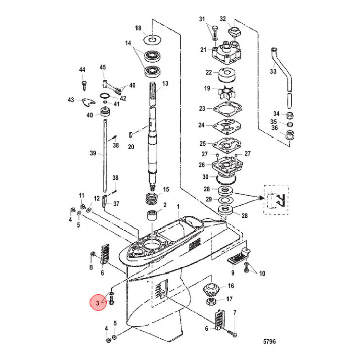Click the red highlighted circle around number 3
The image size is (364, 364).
[97, 303]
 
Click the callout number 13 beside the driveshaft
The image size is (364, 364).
[164, 83]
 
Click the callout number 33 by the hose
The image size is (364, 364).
[273, 72]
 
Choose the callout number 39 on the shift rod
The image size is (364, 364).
[93, 153]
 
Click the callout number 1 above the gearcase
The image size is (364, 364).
[178, 207]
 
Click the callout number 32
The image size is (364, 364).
[223, 19]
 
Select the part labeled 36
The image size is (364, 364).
[290, 134]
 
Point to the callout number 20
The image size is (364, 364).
[131, 147]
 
